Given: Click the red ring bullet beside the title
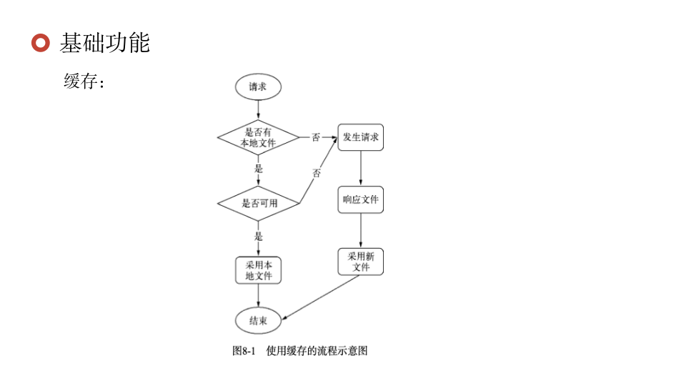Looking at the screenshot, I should (41, 43).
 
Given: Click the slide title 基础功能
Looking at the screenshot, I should (104, 43).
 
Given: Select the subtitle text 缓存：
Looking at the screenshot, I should (84, 81).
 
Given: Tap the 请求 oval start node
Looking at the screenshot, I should (258, 86).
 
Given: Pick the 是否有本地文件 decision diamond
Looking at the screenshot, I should (258, 137).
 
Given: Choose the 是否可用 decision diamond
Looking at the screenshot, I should (259, 203).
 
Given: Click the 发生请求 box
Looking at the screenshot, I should (360, 137).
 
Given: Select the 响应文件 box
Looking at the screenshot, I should (360, 199).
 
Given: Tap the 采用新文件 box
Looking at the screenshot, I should (360, 262).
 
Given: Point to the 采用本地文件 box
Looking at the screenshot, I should (259, 270).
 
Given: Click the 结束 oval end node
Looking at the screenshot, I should (258, 321).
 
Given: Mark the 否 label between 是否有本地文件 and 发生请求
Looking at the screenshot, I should (315, 137).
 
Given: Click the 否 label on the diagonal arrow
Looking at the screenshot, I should (317, 173).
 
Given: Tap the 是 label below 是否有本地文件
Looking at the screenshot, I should (259, 169).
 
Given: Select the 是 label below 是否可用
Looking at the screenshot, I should (259, 237).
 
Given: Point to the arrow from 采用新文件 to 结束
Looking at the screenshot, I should (322, 297).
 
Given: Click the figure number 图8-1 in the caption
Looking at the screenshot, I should (244, 351).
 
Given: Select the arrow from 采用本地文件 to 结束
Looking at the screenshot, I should (258, 296).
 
